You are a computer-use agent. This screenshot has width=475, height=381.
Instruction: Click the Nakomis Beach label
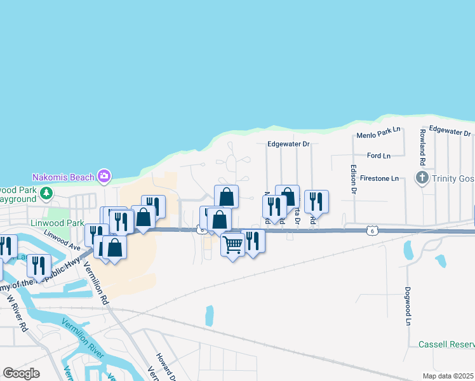pyautogui.click(x=62, y=176)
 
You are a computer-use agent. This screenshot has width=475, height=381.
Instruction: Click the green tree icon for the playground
pyautogui.click(x=46, y=192)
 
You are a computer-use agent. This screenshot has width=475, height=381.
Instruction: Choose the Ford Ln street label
pyautogui.click(x=378, y=156)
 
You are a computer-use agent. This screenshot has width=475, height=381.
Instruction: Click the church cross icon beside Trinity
pyautogui.click(x=422, y=178)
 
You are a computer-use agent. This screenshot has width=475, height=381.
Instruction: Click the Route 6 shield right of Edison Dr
pyautogui.click(x=376, y=231)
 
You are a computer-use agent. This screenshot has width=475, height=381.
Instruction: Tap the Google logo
pyautogui.click(x=21, y=373)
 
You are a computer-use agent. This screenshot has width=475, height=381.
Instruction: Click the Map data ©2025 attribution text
pyautogui.click(x=448, y=376)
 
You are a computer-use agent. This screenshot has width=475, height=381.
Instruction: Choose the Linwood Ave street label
pyautogui.click(x=62, y=241)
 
